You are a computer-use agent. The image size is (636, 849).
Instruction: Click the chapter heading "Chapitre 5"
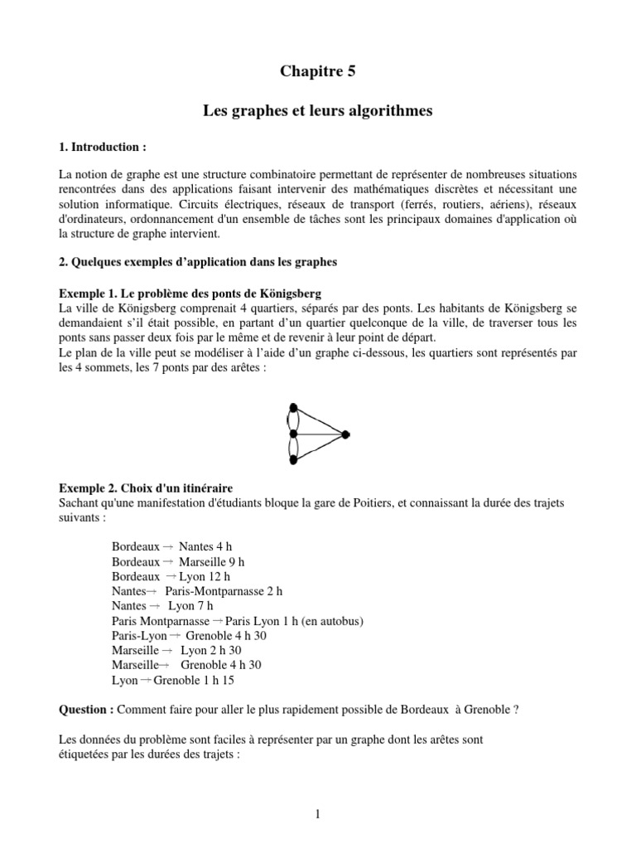point(317,72)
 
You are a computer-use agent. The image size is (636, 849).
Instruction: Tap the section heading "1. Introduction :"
point(102,147)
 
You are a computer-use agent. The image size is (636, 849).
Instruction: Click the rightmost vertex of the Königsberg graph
point(345,434)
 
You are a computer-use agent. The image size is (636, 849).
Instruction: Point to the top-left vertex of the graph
point(291,406)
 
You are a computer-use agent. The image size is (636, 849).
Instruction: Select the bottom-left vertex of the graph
point(291,462)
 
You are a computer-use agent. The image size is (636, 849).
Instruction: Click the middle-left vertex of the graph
point(291,434)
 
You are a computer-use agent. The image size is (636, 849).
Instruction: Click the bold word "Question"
point(86,710)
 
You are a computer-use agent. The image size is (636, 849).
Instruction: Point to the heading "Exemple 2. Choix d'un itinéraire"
point(151,488)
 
